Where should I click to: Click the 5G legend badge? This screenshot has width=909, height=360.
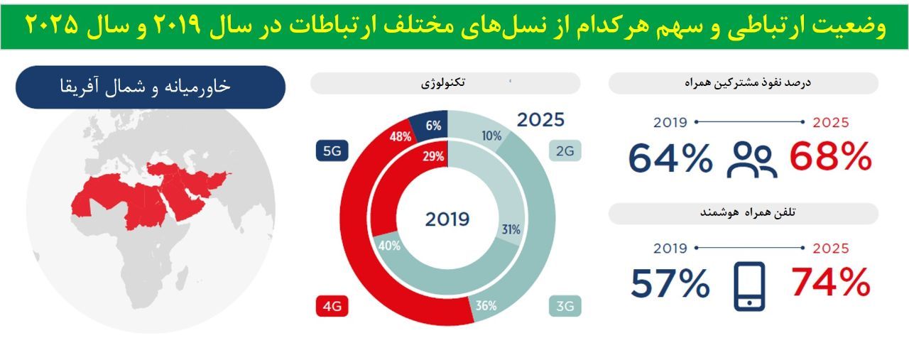332,151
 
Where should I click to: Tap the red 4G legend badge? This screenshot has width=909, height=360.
332,306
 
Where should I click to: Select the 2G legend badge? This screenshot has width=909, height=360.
565,151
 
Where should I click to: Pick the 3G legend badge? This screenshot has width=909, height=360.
565,306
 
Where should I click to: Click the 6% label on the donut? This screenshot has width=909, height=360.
433,126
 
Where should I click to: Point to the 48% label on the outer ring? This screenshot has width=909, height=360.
401,137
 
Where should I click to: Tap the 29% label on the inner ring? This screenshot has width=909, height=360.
433,156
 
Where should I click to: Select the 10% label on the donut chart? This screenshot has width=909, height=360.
491,136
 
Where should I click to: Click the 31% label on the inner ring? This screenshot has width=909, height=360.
511,230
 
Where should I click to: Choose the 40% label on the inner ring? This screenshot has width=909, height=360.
390,246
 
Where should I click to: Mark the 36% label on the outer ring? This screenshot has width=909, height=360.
486,305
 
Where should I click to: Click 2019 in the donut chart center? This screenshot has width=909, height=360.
447,219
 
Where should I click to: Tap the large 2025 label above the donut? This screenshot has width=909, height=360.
540,120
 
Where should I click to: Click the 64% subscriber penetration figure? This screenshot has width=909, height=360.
670,158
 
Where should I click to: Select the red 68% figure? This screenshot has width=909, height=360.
831,156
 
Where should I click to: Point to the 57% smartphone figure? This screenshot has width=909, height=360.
670,283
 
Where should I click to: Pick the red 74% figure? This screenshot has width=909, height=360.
831,282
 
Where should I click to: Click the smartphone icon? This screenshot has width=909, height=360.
749,286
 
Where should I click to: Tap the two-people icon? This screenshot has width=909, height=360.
752,160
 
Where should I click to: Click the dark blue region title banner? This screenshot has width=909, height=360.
151,87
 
